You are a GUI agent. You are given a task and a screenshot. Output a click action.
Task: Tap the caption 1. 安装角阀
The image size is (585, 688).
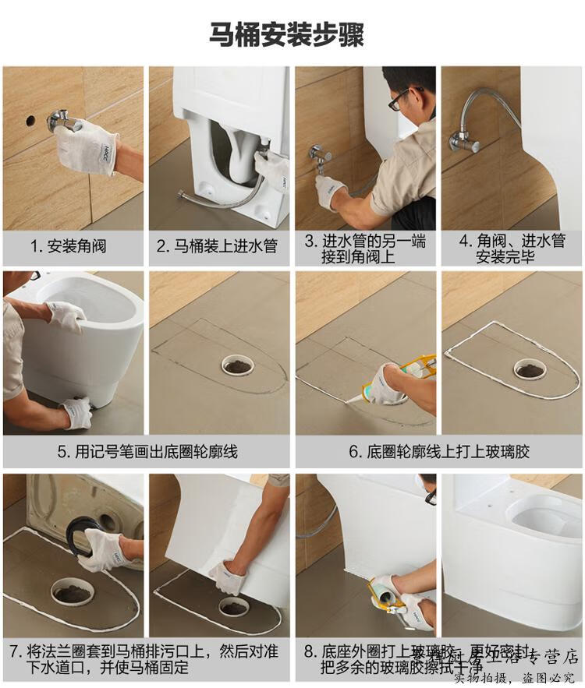point(68,246)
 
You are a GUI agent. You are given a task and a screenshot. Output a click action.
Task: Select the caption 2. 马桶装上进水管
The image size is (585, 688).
point(217,246)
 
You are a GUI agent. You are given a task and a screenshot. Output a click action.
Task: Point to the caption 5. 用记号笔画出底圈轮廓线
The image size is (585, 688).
point(147,451)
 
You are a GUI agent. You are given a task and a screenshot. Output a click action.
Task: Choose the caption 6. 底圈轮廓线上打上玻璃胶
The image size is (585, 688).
point(438,451)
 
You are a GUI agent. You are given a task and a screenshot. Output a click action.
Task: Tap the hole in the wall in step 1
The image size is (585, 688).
point(30,121)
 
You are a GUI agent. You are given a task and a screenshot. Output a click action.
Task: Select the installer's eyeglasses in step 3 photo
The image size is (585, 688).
point(397,100)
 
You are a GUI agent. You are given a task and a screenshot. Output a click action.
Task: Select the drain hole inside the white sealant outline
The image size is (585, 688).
point(529,367)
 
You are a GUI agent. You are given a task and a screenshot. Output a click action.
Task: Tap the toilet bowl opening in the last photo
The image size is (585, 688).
point(543,518)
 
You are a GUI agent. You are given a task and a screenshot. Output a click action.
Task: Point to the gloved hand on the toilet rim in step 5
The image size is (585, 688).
point(67,315)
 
